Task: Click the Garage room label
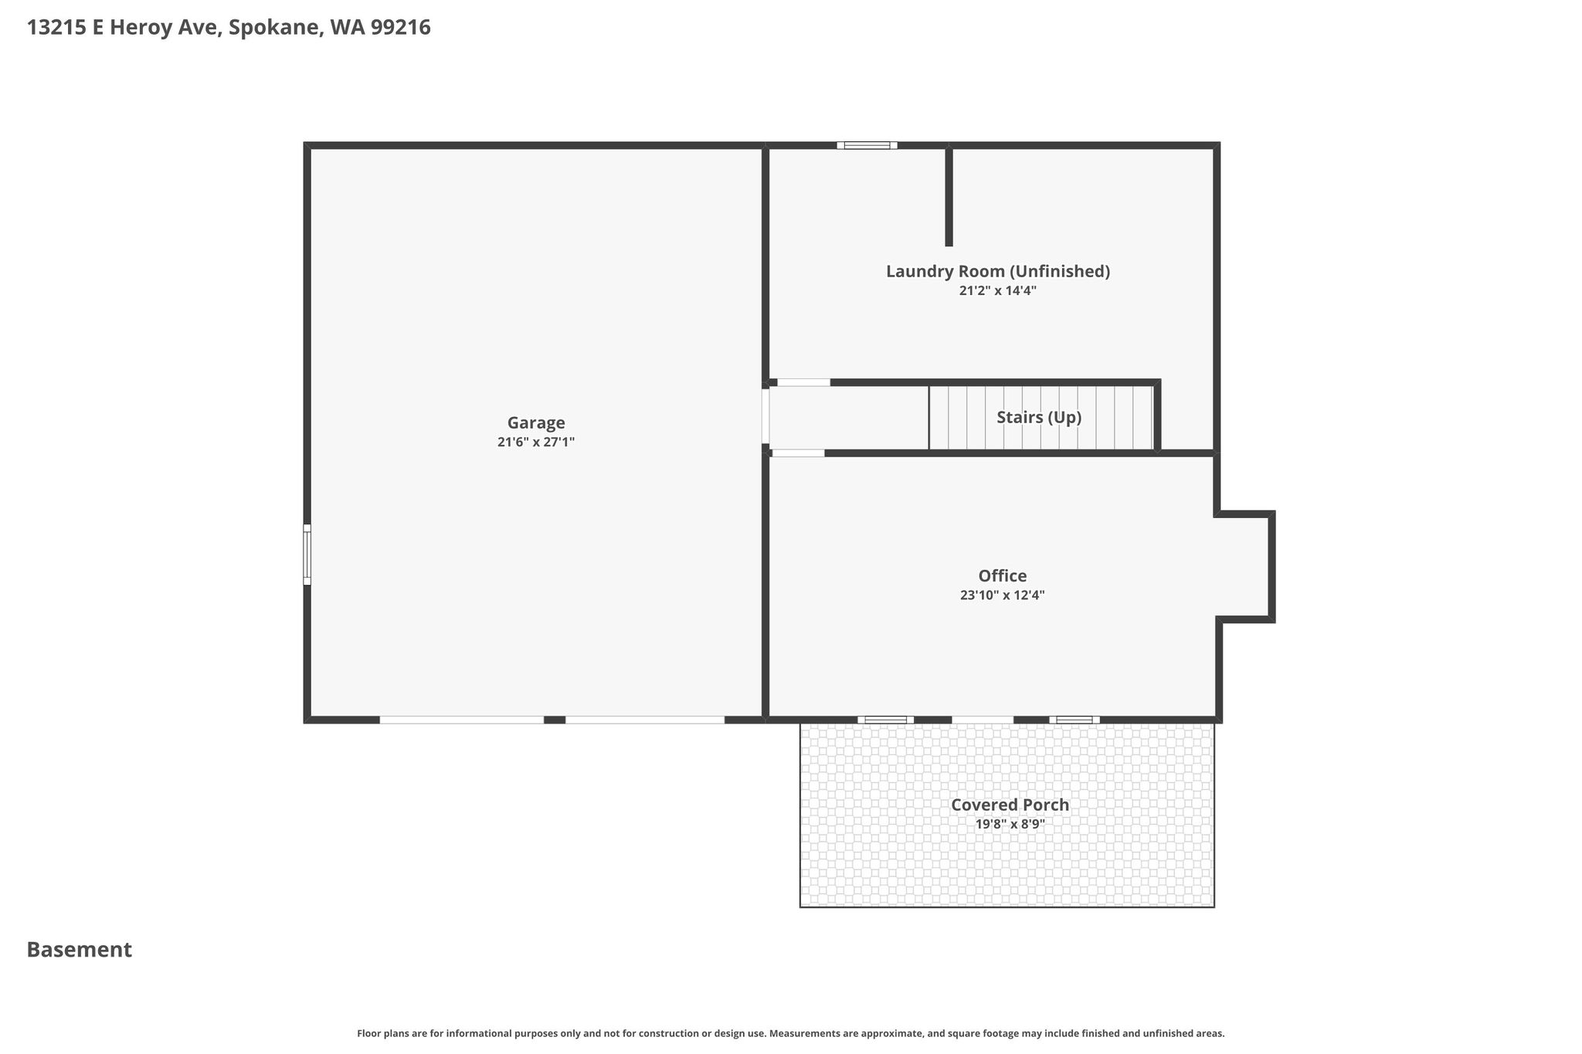click(x=536, y=423)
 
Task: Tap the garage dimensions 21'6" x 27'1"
click(x=536, y=442)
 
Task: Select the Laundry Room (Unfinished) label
click(x=998, y=272)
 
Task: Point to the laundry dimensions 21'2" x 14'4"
click(x=998, y=291)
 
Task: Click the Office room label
click(x=1003, y=576)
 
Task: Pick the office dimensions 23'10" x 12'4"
click(x=1003, y=595)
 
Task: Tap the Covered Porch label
click(x=1010, y=805)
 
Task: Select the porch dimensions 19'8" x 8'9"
click(x=1010, y=824)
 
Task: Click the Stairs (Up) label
click(x=1039, y=418)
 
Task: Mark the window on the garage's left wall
click(x=307, y=554)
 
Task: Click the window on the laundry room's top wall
click(x=867, y=145)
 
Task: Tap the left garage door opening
click(x=462, y=720)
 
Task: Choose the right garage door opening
click(x=645, y=720)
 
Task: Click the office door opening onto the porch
click(x=983, y=720)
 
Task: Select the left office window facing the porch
click(x=885, y=720)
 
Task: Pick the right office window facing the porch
click(x=1074, y=720)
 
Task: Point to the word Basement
click(x=80, y=950)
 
